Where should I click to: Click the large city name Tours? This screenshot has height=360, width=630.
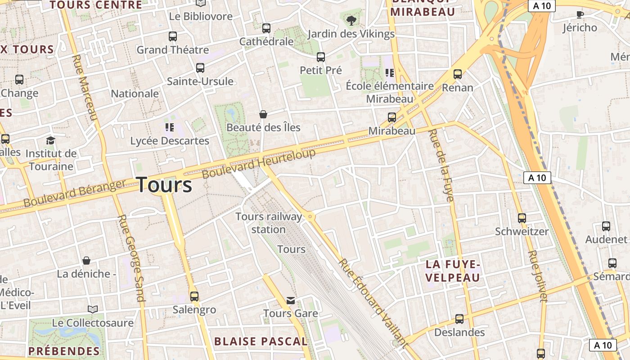pyautogui.click(x=164, y=185)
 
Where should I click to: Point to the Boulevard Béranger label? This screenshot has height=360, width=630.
pyautogui.click(x=75, y=193)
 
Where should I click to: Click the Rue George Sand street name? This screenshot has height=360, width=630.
pyautogui.click(x=131, y=257)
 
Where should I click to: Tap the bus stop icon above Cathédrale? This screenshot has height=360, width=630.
pyautogui.click(x=266, y=28)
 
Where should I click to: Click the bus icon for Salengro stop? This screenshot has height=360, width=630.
pyautogui.click(x=194, y=297)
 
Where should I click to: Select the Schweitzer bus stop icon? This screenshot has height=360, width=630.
pyautogui.click(x=522, y=218)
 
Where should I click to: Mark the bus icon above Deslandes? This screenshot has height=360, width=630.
pyautogui.click(x=459, y=319)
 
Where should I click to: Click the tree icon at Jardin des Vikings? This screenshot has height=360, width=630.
pyautogui.click(x=351, y=20)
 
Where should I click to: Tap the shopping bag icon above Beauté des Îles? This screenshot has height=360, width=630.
pyautogui.click(x=263, y=114)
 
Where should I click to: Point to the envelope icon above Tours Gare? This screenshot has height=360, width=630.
pyautogui.click(x=291, y=300)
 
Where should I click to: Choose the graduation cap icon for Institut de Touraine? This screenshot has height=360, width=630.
pyautogui.click(x=50, y=140)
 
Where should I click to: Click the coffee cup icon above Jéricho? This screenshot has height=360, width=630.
pyautogui.click(x=580, y=14)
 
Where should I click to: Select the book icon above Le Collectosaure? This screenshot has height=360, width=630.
pyautogui.click(x=93, y=310)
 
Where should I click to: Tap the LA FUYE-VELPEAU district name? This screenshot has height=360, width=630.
pyautogui.click(x=453, y=271)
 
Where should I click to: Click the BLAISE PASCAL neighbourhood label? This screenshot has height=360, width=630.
pyautogui.click(x=261, y=342)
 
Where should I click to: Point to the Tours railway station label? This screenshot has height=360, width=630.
pyautogui.click(x=269, y=223)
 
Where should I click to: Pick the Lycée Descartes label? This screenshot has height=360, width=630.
pyautogui.click(x=170, y=141)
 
